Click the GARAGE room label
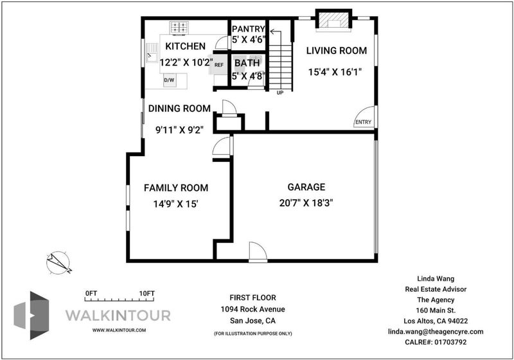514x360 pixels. click(306, 187)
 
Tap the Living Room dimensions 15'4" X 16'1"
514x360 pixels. click(335, 72)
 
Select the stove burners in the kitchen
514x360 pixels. click(179, 28)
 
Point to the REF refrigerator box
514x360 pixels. click(218, 65)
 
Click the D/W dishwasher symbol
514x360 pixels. click(169, 80)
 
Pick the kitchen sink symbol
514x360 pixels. click(152, 53)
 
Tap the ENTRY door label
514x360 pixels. click(363, 122)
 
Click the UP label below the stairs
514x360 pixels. click(280, 93)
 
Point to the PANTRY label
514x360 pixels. click(248, 29)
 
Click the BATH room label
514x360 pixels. click(247, 62)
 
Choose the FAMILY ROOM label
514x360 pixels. click(176, 188)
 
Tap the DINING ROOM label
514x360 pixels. click(179, 109)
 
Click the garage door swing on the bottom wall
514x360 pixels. click(258, 252)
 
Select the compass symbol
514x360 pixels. click(58, 262)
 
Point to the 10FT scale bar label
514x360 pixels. click(146, 293)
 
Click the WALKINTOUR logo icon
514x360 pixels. click(31, 315)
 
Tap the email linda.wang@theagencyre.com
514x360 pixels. click(436, 332)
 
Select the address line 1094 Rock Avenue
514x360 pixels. click(253, 309)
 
